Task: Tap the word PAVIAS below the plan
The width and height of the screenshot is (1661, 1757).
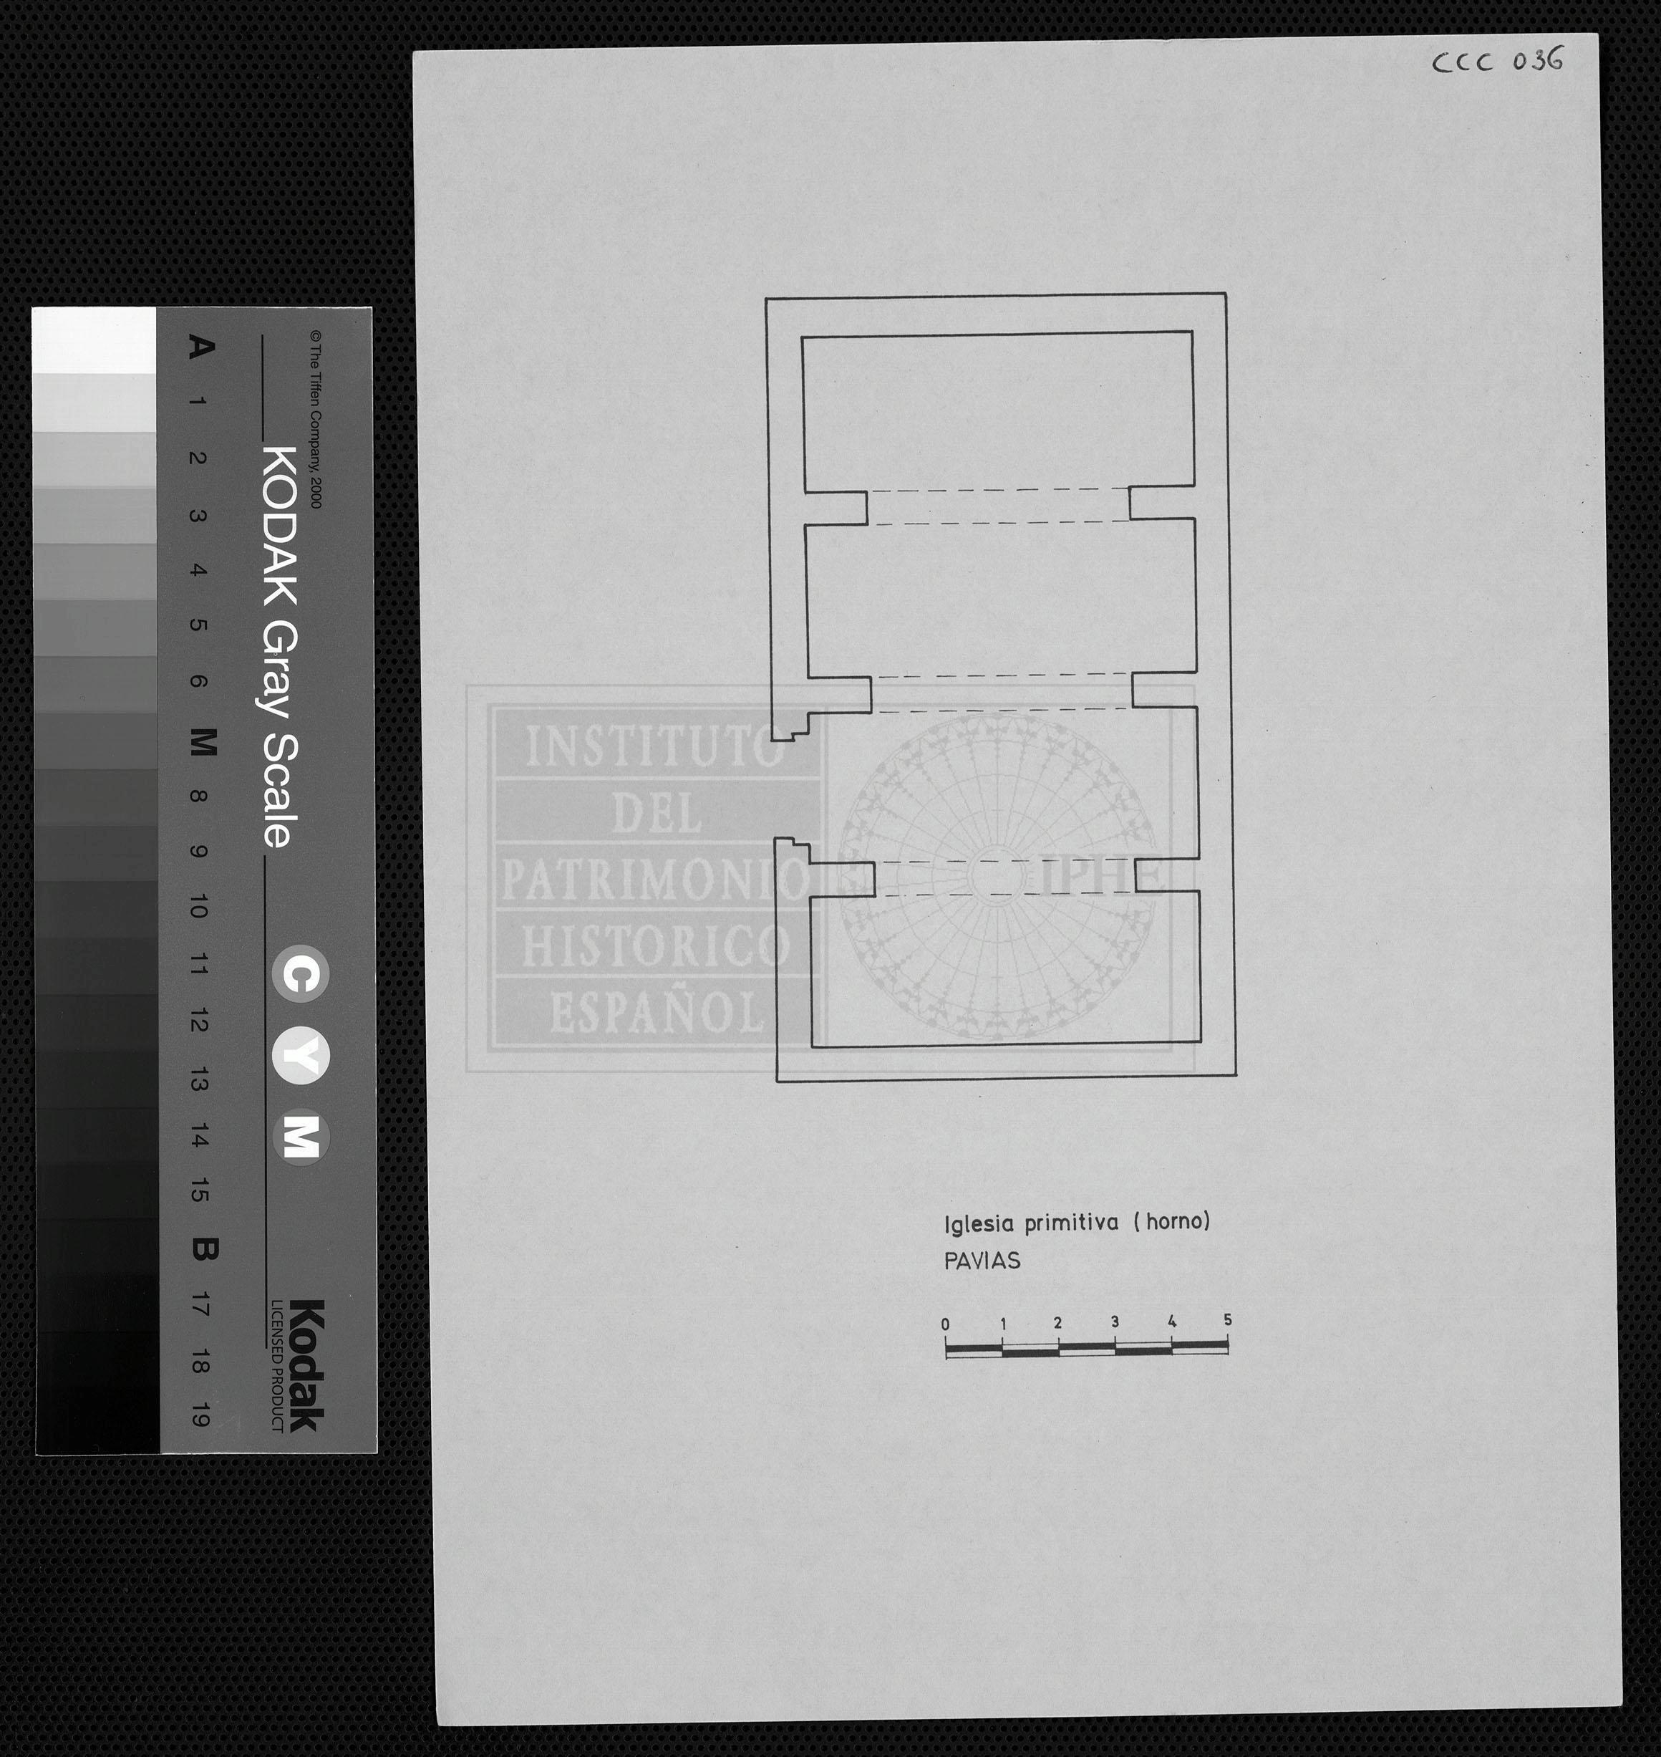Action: [x=982, y=1261]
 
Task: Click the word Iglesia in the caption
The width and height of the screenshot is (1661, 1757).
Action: [x=980, y=1225]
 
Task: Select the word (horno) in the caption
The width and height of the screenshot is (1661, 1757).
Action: [x=1171, y=1222]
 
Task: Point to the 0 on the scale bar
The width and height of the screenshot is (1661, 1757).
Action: [x=946, y=1325]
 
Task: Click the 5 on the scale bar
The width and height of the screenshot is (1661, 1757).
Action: [x=1227, y=1319]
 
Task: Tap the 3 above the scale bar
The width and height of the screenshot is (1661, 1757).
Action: [x=1115, y=1322]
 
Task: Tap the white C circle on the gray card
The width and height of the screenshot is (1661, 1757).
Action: [x=300, y=974]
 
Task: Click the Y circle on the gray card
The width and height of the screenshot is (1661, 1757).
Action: [x=300, y=1056]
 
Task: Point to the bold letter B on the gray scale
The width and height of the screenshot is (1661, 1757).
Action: [x=203, y=1250]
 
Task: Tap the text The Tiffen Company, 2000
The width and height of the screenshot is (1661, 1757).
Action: [x=315, y=419]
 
